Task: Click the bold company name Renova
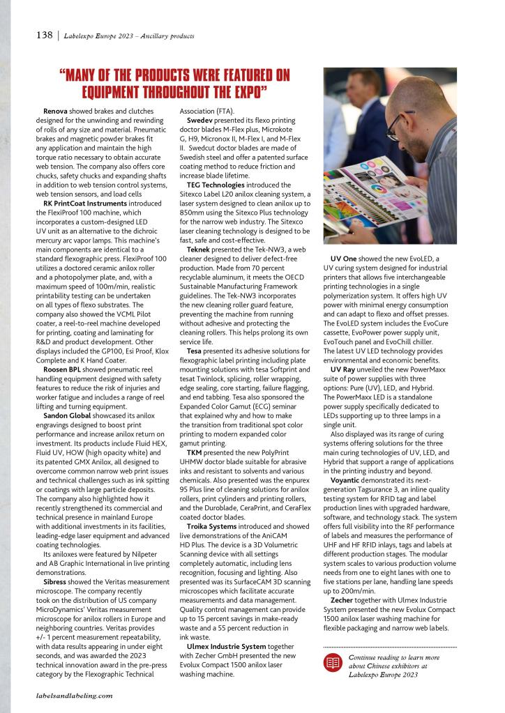pyautogui.click(x=55, y=111)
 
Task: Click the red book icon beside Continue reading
pyautogui.click(x=335, y=663)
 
